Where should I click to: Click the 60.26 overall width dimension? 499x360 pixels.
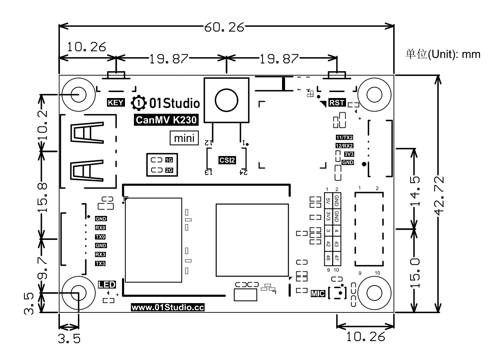224,27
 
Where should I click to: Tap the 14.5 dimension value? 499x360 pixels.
415,191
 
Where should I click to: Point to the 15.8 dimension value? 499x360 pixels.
43,198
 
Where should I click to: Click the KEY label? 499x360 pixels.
116,103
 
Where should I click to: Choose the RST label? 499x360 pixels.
337,103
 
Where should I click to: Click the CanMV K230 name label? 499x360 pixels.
166,120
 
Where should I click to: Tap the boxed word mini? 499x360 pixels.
184,138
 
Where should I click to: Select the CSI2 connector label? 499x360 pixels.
227,160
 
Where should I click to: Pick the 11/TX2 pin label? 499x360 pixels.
345,137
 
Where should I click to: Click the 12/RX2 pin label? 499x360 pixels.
345,146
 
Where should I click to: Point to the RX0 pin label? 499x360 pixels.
101,228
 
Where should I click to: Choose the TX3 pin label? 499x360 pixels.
100,263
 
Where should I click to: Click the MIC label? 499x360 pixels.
318,293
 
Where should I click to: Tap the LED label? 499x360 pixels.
107,284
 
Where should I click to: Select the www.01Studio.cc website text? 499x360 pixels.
168,307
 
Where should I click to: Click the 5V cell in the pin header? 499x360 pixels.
328,201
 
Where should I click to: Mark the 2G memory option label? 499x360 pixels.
169,170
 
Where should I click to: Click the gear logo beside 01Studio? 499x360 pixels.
139,103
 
